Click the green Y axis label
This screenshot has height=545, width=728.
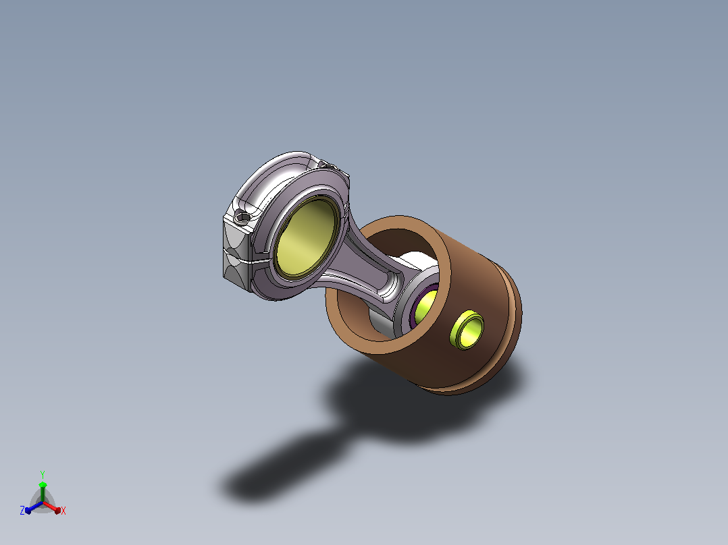(43, 474)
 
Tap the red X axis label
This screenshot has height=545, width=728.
(63, 511)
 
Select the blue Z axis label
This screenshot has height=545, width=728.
(22, 510)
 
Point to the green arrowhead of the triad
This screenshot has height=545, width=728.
(43, 485)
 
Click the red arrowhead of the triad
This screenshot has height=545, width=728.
(57, 511)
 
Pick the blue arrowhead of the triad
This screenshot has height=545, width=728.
(28, 511)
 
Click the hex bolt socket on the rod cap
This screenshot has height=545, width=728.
(242, 216)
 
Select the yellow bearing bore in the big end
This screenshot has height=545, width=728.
(306, 237)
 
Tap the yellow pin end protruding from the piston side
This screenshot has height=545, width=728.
(467, 329)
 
